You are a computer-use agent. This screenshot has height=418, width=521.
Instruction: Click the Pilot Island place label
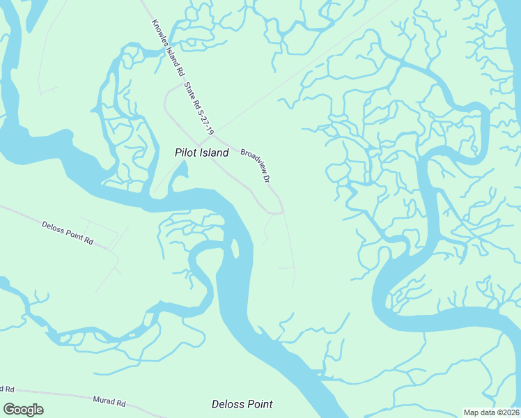(x=201, y=153)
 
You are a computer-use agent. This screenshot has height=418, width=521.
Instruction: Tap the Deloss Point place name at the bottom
(x=242, y=404)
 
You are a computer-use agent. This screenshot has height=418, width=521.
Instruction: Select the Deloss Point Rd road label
(x=68, y=232)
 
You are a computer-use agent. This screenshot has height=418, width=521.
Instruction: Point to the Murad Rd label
(x=109, y=402)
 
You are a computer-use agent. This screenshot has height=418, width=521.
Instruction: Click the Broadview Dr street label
(x=256, y=165)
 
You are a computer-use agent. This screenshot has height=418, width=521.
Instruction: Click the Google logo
(x=23, y=410)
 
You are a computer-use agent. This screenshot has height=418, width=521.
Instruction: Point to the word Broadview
(x=252, y=161)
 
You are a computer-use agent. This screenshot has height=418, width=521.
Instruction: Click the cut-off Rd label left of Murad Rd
(x=6, y=388)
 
